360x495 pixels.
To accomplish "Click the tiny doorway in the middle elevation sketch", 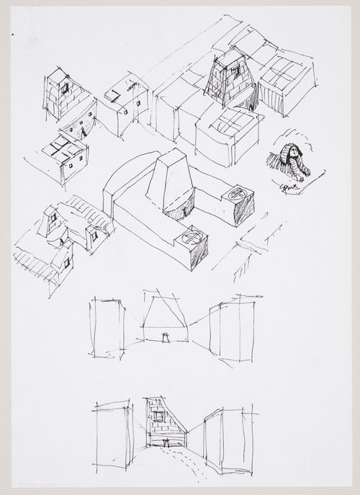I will point(166,336).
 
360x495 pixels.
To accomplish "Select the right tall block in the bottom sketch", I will point(223,440).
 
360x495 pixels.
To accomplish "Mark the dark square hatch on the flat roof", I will point(112,94).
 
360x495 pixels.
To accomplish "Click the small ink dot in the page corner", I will point(14,33).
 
